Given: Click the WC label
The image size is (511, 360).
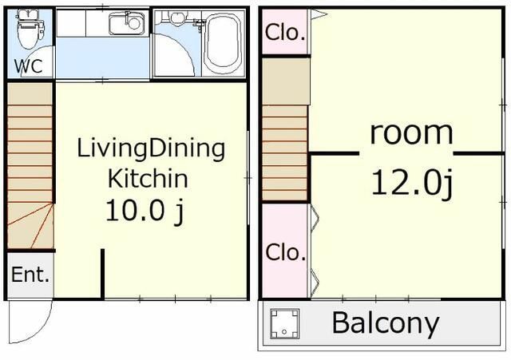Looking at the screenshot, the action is (29, 65).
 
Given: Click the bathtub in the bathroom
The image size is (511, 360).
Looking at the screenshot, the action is (224, 42).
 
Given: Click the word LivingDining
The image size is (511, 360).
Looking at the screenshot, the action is (151, 149).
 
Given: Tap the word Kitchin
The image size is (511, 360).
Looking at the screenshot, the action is (148, 179).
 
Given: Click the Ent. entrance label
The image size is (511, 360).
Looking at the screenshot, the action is (30, 275).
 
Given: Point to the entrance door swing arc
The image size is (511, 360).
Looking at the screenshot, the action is (43, 329).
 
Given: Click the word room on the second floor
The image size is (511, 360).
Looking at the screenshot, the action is (411, 133).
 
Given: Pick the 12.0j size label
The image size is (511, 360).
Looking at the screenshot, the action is (412, 184).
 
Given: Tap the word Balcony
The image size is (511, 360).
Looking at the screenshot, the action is (386, 322).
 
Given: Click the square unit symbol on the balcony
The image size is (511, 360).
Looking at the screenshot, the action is (284, 323).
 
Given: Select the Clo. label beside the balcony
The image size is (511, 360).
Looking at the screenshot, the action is (286, 252).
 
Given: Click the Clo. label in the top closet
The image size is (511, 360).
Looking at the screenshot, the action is (286, 32).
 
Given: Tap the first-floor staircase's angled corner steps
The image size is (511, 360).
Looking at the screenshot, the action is (30, 225).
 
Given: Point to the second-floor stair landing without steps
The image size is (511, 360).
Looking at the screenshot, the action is (286, 81).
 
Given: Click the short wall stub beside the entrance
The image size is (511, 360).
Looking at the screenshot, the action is (102, 274).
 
